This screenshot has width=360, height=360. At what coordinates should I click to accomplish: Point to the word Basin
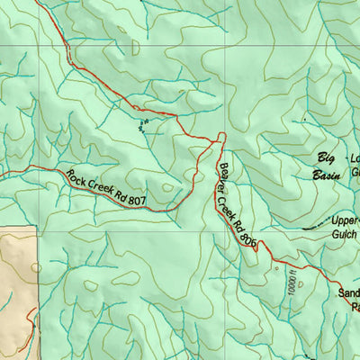[x=325, y=175]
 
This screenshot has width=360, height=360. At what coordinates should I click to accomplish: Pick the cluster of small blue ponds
[x=141, y=125]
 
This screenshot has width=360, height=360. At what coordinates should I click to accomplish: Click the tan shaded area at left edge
[x=16, y=288]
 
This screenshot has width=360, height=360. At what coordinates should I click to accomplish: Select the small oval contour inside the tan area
[x=35, y=266]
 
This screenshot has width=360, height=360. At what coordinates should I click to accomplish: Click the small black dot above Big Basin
[x=304, y=120]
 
